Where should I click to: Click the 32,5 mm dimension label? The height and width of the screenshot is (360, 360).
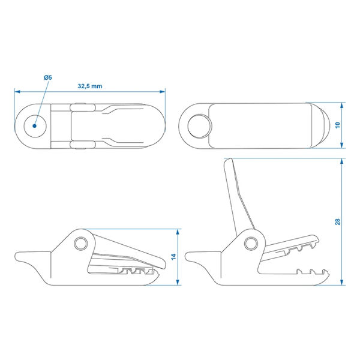90,86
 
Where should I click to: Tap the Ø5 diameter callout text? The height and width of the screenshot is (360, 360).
49,78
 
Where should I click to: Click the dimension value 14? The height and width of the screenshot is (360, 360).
174,257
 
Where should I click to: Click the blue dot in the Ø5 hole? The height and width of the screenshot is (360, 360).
35,126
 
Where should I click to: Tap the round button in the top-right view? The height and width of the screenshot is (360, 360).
200,126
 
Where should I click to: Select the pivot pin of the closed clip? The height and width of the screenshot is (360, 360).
80,242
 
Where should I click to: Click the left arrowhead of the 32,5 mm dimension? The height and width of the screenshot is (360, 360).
17,92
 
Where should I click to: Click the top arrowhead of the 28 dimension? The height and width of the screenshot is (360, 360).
343,161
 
